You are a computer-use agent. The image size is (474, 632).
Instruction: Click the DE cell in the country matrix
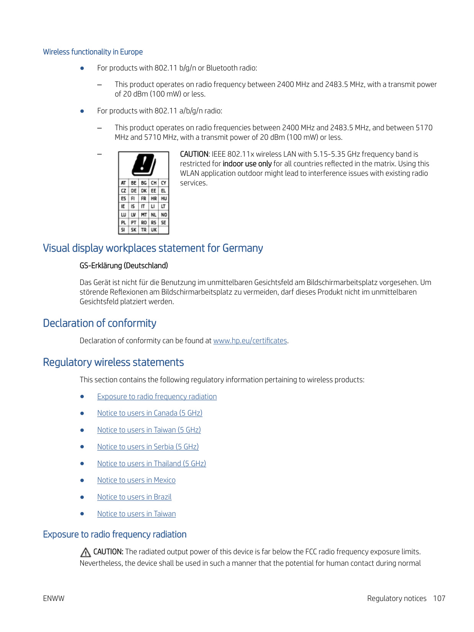tap(134, 191)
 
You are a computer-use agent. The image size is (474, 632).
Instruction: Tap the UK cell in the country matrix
tap(154, 230)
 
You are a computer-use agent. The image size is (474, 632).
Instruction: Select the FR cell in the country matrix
tap(143, 198)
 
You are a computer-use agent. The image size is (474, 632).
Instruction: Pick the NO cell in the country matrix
tap(164, 214)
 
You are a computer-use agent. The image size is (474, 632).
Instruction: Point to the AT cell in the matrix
tap(124, 183)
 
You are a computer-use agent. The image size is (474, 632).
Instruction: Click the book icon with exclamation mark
tap(143, 165)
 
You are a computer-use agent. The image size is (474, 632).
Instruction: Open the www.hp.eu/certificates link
tap(250, 341)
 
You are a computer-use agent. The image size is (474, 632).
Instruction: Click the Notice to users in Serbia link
tap(148, 447)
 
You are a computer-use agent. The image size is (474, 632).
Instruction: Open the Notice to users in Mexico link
tap(136, 480)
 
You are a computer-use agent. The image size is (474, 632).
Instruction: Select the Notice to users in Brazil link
tap(134, 497)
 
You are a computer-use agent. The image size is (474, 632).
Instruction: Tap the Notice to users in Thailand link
tap(151, 463)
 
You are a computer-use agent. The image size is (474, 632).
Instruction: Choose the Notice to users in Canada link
tap(150, 413)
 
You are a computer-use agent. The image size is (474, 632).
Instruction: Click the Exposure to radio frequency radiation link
tap(157, 396)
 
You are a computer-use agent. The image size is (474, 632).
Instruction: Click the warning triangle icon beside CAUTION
tap(85, 552)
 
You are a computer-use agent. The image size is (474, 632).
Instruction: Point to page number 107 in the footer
tap(439, 598)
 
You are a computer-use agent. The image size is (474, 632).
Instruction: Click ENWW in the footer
tap(54, 598)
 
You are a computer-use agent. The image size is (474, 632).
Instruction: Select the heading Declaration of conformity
tap(99, 323)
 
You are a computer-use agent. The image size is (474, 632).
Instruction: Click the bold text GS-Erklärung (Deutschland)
tap(124, 265)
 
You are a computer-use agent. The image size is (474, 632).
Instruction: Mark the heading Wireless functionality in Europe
tap(93, 52)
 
